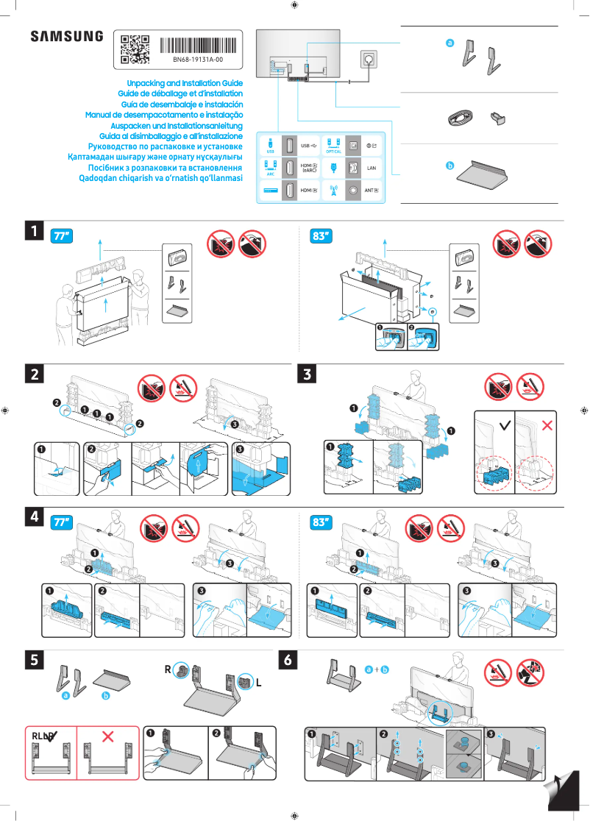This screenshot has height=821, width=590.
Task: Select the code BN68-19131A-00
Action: click(x=197, y=59)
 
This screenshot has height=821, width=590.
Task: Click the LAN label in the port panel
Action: click(x=372, y=168)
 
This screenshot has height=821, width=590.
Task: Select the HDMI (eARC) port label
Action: click(x=309, y=168)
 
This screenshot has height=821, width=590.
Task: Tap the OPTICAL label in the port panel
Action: click(x=333, y=151)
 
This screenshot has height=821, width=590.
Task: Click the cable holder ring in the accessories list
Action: click(x=461, y=118)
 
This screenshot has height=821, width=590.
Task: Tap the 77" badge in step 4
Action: click(x=62, y=522)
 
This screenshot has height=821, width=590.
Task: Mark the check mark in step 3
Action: click(x=505, y=425)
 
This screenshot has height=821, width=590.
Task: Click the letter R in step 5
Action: click(x=168, y=669)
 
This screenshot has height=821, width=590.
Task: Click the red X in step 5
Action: click(x=108, y=736)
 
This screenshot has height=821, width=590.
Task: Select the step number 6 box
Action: click(x=290, y=660)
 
